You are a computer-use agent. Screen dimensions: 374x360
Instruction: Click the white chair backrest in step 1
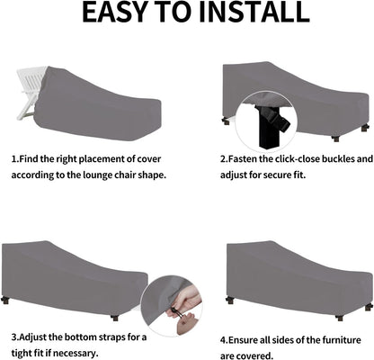tap(32, 80)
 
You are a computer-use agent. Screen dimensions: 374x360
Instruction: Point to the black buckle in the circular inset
tap(277, 121)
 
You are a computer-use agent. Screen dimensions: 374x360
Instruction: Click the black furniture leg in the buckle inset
tap(269, 129)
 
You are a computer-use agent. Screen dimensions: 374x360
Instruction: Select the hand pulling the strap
tap(183, 303)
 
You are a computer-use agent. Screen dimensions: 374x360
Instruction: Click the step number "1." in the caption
tap(15, 159)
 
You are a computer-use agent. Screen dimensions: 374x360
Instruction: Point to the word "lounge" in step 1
tap(99, 175)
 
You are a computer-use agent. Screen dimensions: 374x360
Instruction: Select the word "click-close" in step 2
tap(297, 158)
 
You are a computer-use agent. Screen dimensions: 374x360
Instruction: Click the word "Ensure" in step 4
tap(241, 340)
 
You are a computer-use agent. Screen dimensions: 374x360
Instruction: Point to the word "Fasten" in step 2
tap(243, 158)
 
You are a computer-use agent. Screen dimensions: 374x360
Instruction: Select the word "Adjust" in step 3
tap(32, 337)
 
